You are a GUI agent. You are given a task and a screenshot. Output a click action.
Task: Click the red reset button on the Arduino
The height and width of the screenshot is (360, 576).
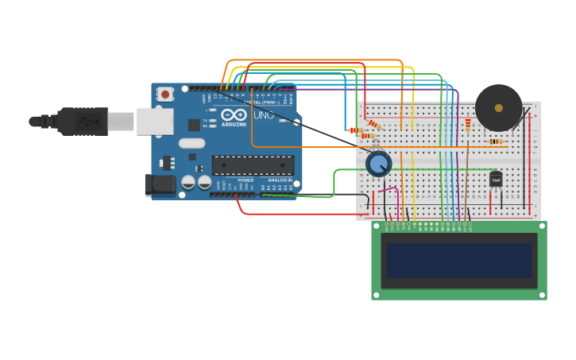pyautogui.click(x=165, y=94)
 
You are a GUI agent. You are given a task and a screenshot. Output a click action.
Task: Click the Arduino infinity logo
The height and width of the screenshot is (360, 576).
pyautogui.click(x=234, y=114)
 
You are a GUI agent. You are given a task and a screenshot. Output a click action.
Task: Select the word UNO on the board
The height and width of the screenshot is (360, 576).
pyautogui.click(x=263, y=115)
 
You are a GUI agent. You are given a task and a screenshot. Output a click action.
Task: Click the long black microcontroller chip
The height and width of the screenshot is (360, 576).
pyautogui.click(x=253, y=165)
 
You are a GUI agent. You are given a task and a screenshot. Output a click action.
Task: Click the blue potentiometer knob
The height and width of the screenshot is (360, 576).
pyautogui.click(x=379, y=164)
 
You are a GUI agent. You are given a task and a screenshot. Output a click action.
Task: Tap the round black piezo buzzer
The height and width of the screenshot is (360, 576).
pyautogui.click(x=499, y=108)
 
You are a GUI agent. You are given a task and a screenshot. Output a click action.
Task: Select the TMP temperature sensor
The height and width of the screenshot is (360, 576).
pyautogui.click(x=496, y=180)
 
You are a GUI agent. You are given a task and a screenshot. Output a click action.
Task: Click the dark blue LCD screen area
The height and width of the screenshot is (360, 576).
pyautogui.click(x=458, y=260)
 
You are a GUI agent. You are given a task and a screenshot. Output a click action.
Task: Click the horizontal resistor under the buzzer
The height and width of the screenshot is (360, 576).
pyautogui.click(x=496, y=141)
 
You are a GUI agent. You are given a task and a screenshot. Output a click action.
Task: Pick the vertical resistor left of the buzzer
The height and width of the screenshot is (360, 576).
pyautogui.click(x=468, y=124)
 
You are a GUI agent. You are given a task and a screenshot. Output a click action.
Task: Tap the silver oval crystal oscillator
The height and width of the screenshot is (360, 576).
pyautogui.click(x=191, y=143)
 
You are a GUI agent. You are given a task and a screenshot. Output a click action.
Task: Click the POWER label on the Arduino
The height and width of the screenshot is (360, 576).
pyautogui.click(x=245, y=180)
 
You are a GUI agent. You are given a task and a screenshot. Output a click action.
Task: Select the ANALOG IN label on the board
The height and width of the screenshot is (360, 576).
pyautogui.click(x=279, y=180)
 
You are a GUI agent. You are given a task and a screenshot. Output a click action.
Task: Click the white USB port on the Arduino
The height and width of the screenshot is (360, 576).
pyautogui.click(x=154, y=122)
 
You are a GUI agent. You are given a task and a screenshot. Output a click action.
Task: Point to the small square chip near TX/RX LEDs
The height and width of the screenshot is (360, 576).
pyautogui.click(x=194, y=125)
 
